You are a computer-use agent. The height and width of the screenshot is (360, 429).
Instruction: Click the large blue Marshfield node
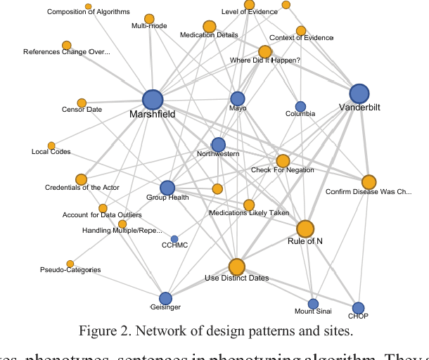click(153, 101)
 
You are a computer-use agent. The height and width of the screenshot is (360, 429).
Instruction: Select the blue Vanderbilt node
click(359, 94)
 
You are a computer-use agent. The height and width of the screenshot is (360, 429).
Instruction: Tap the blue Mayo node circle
click(238, 98)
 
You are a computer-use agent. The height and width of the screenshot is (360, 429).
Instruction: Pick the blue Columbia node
click(300, 106)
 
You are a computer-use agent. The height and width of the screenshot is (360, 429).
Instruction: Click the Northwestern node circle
click(219, 144)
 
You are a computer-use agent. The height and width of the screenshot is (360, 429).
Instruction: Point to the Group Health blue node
click(167, 188)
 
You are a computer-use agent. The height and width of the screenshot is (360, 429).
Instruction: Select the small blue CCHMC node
click(174, 239)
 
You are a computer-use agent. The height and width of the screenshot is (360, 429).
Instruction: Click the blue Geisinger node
click(165, 298)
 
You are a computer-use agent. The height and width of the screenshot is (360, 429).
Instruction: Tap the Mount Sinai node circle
click(313, 304)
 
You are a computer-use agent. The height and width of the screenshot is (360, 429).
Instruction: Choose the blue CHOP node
click(358, 307)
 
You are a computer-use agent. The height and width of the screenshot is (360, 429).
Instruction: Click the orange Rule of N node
click(305, 229)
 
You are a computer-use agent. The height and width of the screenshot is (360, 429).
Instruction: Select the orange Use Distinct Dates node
click(236, 266)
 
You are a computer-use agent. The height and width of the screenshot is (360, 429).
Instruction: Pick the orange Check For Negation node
click(283, 161)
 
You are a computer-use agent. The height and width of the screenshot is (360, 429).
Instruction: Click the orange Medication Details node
click(209, 27)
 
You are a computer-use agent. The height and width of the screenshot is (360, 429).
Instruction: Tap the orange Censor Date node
click(82, 103)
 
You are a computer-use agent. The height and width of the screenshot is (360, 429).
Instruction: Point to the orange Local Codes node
click(51, 146)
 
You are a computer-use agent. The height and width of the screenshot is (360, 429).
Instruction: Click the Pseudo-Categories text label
click(70, 270)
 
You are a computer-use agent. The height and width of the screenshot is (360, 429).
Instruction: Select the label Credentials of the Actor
click(82, 188)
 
